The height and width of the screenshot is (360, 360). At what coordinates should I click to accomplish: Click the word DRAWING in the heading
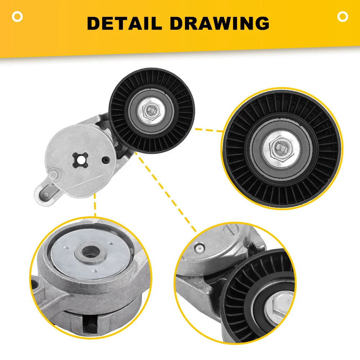pyautogui.click(x=220, y=23)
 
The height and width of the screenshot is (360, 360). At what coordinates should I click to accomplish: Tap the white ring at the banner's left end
pyautogui.click(x=17, y=17)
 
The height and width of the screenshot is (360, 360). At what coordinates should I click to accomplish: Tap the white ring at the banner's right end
pyautogui.click(x=343, y=17)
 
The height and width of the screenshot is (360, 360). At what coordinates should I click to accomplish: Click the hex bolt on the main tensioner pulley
pyautogui.click(x=151, y=110)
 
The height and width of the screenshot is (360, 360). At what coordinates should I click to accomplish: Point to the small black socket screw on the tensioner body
pyautogui.click(x=106, y=160)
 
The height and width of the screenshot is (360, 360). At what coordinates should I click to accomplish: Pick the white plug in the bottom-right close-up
pyautogui.click(x=199, y=248)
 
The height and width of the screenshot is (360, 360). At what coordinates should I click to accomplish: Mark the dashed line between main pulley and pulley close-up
pyautogui.click(x=209, y=130)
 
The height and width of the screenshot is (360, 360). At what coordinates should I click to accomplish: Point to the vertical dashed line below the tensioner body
pyautogui.click(x=95, y=205)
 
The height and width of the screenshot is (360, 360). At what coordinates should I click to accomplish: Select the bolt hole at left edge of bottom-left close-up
pyautogui.click(x=35, y=283)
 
